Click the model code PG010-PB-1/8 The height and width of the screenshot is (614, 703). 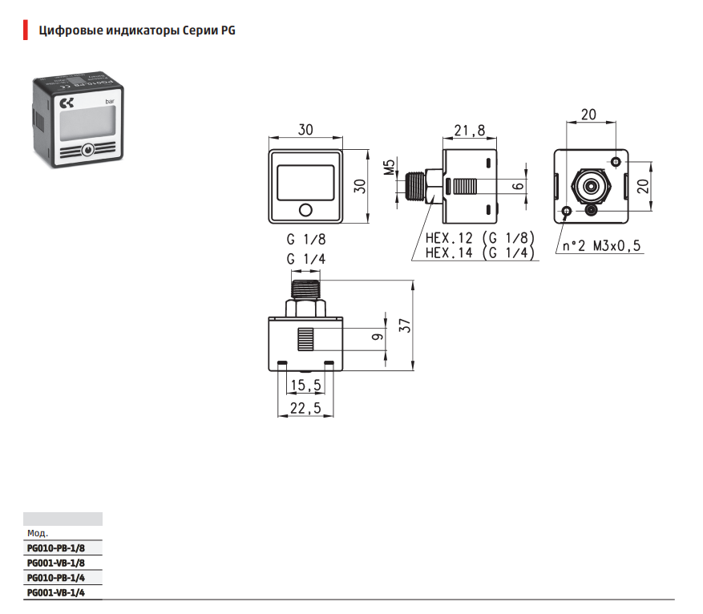point(55,548)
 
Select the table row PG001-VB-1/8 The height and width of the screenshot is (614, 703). point(55,563)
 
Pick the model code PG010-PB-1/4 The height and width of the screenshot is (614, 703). point(55,577)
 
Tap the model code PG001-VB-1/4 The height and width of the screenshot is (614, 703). point(55,592)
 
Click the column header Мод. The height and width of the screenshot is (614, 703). point(38,533)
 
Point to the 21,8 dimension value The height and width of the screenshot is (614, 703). point(469,131)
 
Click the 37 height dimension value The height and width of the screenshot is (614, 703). point(406,325)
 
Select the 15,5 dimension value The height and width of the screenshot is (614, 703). point(305,386)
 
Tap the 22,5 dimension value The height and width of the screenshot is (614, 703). point(305,409)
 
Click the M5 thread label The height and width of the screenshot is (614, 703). point(389,169)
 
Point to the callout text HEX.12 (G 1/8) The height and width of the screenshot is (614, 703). point(479,238)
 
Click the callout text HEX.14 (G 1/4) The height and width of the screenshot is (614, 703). point(479,252)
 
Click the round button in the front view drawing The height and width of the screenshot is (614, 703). point(305,211)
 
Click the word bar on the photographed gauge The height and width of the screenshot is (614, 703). point(109,101)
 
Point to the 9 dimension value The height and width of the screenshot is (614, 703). point(376,337)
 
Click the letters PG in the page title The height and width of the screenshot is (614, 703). point(228,30)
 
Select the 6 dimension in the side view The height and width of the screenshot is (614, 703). point(519,186)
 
